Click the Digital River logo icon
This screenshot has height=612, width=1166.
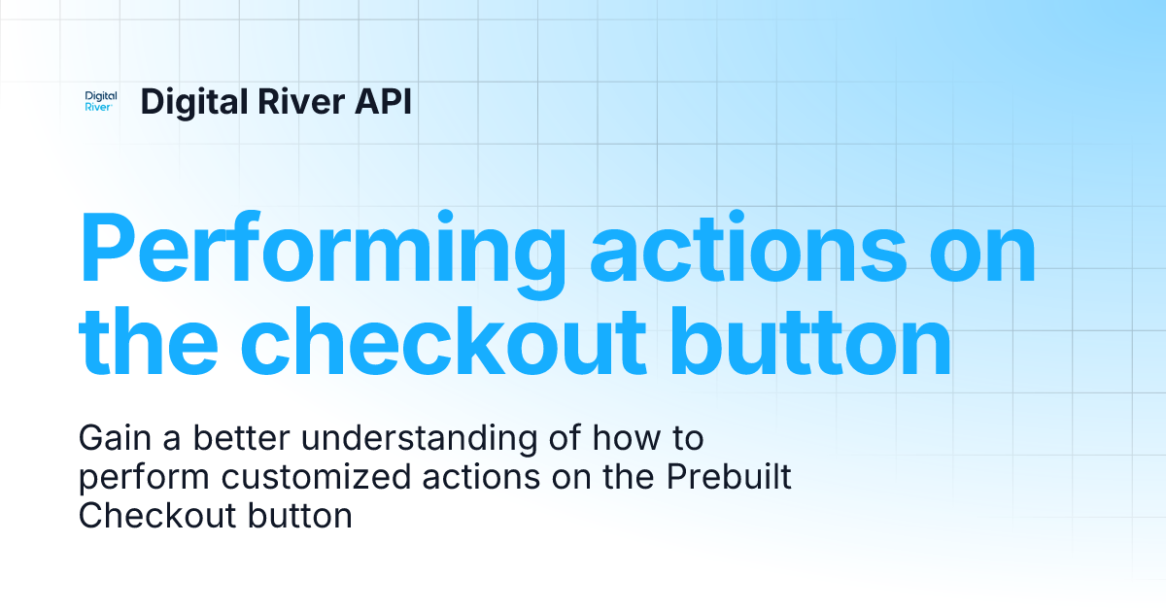pos(101,101)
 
